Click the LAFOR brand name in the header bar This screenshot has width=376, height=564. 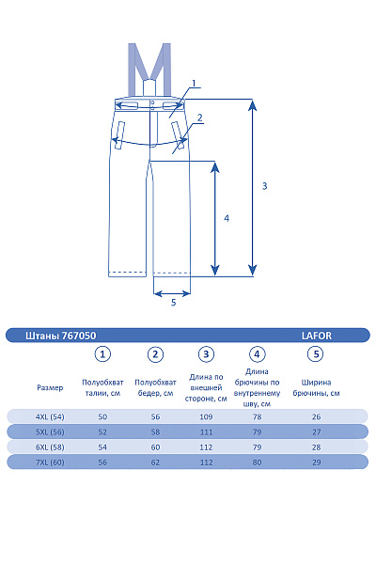point(316,336)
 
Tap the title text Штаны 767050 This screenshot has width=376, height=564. point(61,336)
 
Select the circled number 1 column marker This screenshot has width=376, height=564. point(102,354)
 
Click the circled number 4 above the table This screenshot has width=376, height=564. point(257,354)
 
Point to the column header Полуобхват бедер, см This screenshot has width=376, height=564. point(155,387)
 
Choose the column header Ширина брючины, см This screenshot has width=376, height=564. point(316,387)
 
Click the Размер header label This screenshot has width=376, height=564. point(50,387)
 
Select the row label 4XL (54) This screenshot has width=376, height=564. point(50,416)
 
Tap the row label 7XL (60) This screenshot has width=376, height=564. point(50,462)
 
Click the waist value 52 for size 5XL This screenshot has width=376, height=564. point(102,432)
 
